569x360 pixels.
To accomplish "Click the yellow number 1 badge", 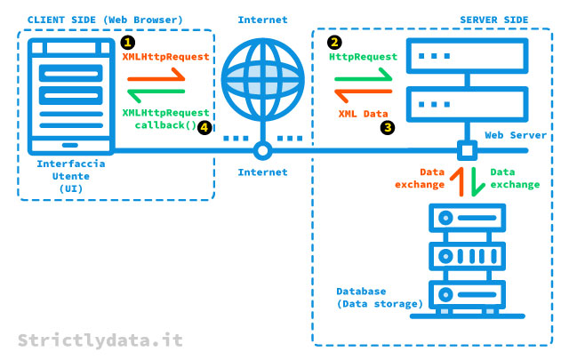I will click(x=129, y=42).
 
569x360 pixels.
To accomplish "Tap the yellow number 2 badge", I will click(x=334, y=42).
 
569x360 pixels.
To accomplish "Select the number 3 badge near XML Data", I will click(x=387, y=127).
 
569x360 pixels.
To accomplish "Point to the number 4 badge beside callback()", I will click(x=205, y=127).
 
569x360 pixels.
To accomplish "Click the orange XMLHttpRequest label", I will click(x=165, y=55).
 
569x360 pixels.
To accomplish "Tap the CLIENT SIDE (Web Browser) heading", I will click(x=105, y=20).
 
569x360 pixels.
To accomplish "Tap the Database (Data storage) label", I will click(x=380, y=298).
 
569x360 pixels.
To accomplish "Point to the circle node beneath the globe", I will click(x=261, y=149).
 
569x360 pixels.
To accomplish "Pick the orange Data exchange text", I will click(x=420, y=178).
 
